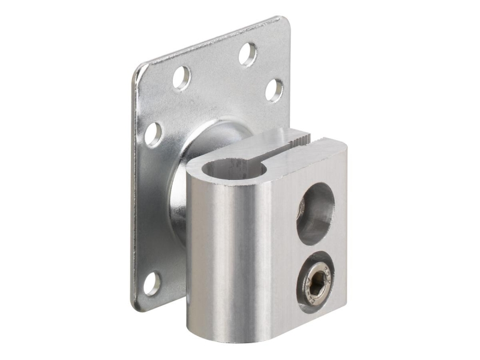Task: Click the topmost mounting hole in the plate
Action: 247,54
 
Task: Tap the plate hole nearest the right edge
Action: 274,89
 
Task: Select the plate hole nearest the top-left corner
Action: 181,77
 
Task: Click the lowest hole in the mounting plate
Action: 152,283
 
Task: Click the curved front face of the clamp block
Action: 228,252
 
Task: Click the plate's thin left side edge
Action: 134,192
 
